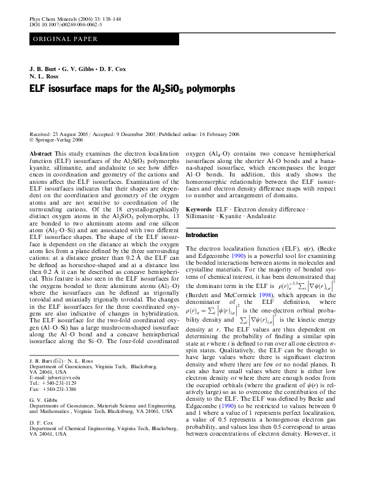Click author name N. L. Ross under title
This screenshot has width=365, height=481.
tap(44, 77)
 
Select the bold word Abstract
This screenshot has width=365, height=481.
tap(40, 153)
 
